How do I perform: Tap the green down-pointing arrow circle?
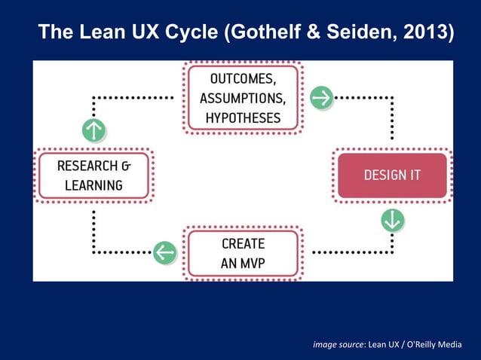[393, 220]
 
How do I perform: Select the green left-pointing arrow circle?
[164, 252]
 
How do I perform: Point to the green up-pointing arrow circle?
[93, 130]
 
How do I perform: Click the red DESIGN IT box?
[392, 175]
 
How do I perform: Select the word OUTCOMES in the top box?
[242, 78]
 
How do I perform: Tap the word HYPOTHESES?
[242, 118]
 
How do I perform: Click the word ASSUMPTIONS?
[242, 99]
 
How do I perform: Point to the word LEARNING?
[93, 185]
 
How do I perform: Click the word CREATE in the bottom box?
[243, 244]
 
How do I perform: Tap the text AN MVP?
[243, 264]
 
